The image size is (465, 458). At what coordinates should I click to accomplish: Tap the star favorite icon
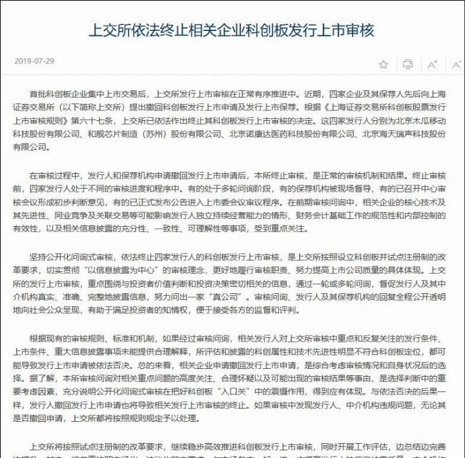point(384,64)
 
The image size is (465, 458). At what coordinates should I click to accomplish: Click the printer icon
point(408,64)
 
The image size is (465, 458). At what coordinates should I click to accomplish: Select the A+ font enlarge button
point(432,64)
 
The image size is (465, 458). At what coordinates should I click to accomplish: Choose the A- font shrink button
point(457,64)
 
